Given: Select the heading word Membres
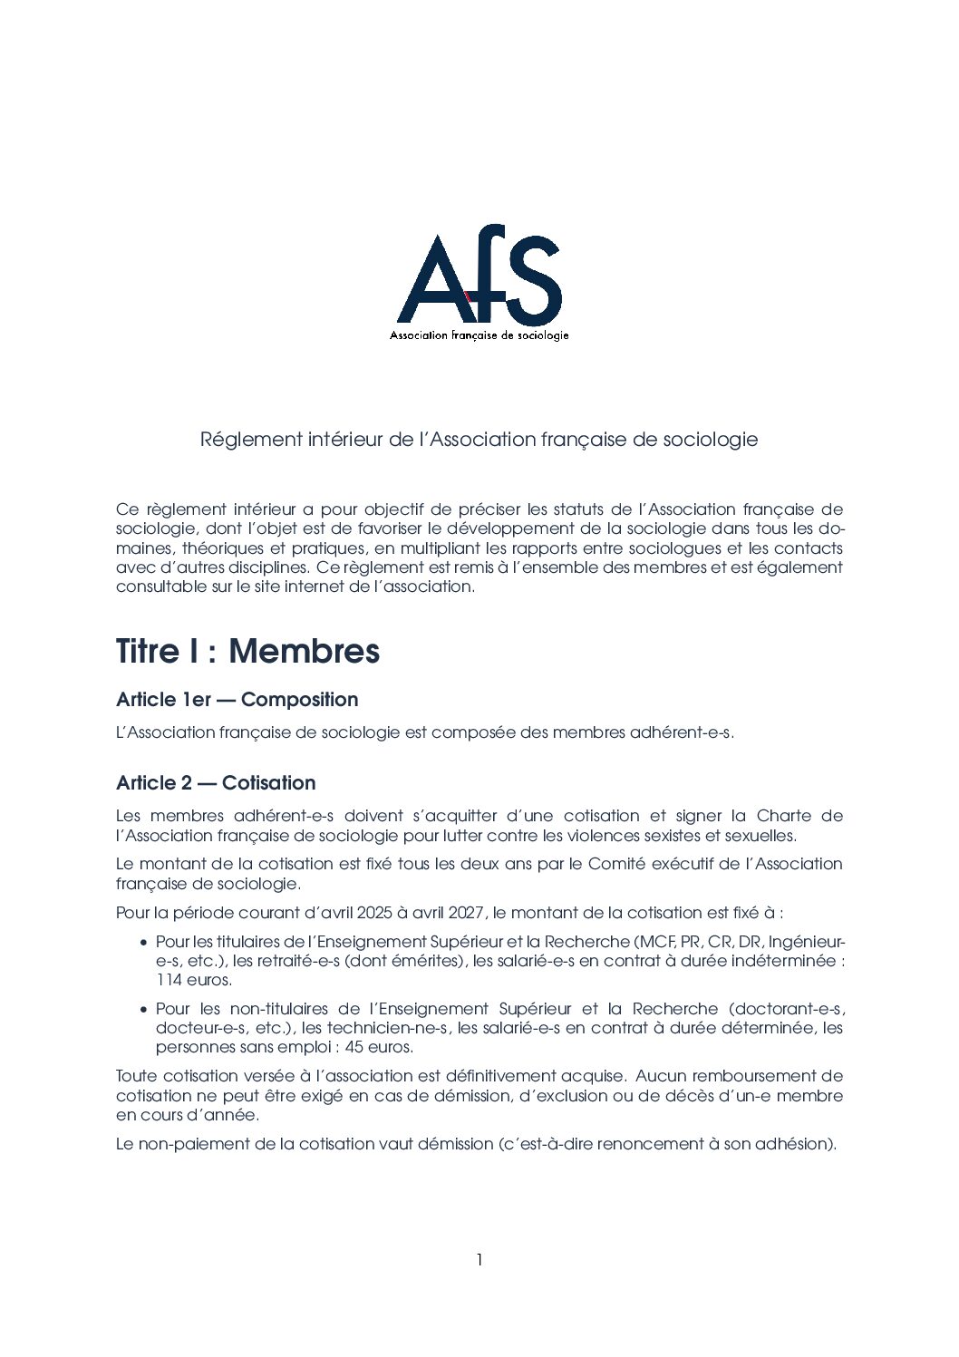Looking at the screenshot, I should coord(304,651).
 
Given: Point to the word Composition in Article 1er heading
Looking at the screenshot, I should coord(300,700).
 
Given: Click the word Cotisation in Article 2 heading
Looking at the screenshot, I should coord(269,783).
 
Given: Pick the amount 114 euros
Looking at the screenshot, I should coord(193,980).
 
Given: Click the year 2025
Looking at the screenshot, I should coord(375,913).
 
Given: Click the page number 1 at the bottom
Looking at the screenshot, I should coord(479,1259).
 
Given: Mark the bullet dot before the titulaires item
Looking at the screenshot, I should coord(144,943).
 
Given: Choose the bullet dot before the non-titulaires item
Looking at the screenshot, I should coord(144,1010).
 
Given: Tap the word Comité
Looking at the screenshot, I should coord(616,864).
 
